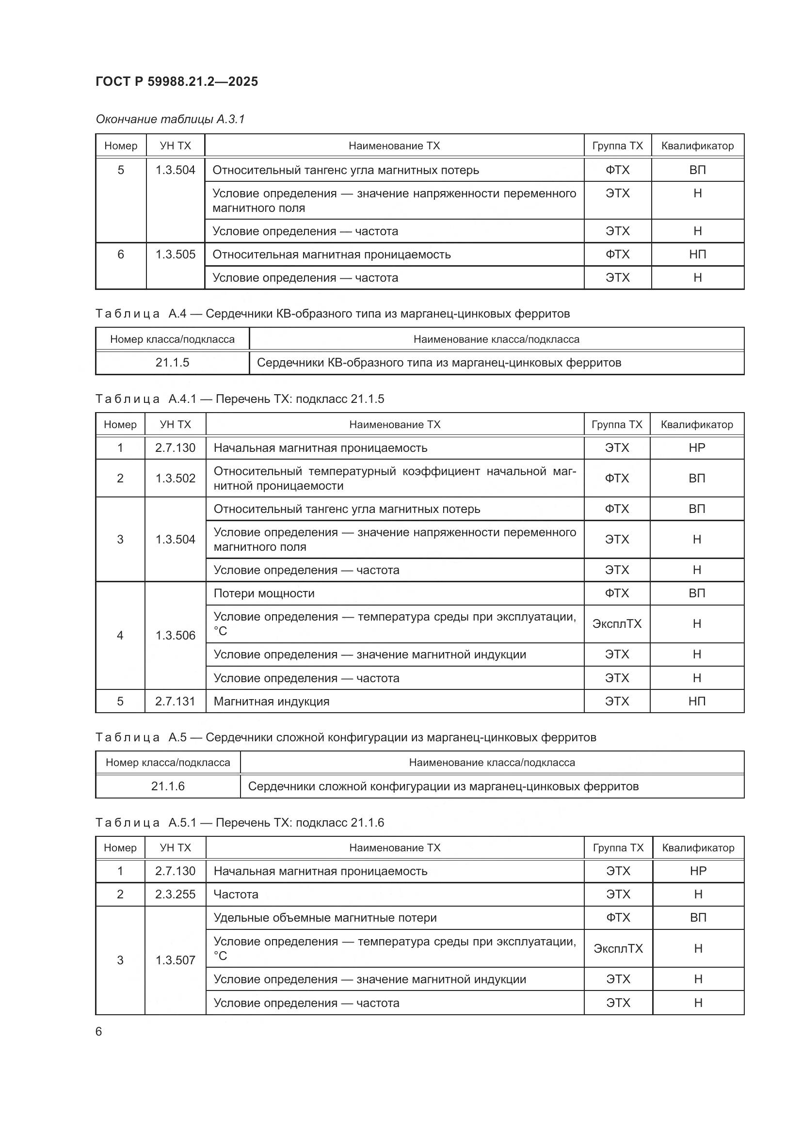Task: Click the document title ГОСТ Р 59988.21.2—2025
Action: coord(176,81)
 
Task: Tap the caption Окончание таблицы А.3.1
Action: coord(170,119)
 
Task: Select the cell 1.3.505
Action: coord(176,255)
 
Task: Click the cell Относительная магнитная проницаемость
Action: coord(331,255)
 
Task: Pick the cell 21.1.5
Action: coord(172,363)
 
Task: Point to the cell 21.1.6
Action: coord(167,786)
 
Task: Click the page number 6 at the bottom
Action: coord(99,1031)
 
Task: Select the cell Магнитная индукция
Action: coord(271,702)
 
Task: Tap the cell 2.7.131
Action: coord(175,702)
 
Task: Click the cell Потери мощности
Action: coord(264,593)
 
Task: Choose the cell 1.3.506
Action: coord(175,635)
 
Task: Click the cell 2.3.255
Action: coord(175,894)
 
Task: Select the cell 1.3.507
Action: coord(175,960)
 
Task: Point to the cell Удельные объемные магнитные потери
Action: coord(325,918)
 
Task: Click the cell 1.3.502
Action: coord(175,478)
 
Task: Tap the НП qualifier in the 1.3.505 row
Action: coord(697,255)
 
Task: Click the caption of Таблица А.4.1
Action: coord(240,399)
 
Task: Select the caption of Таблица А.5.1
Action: coord(240,822)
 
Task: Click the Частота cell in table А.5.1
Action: coord(236,894)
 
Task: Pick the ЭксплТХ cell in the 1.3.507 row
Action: coord(618,948)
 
